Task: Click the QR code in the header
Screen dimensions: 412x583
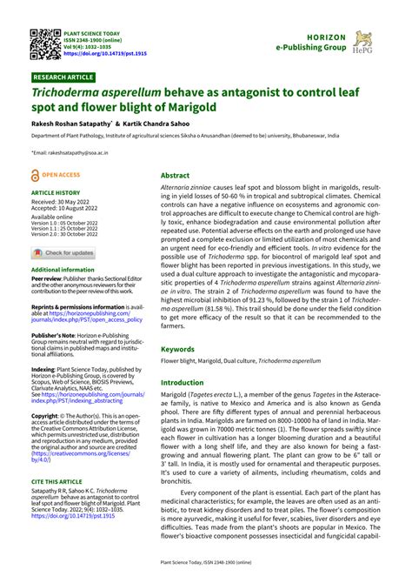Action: coord(43,44)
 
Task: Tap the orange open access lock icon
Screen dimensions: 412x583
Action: coord(37,175)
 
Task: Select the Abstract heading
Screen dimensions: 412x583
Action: coord(175,175)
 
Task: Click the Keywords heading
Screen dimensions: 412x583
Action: coord(177,349)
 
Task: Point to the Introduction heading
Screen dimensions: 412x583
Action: coord(182,382)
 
